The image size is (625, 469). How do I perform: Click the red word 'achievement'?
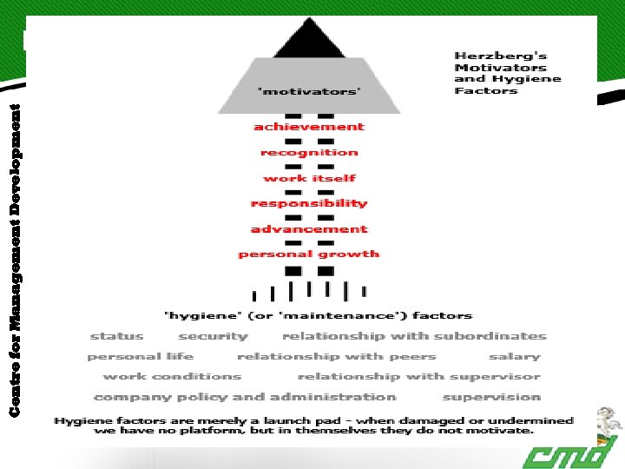(x=309, y=127)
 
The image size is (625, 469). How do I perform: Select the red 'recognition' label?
(x=309, y=153)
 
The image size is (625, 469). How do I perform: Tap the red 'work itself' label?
(x=309, y=178)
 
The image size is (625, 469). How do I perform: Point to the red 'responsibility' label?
(x=309, y=203)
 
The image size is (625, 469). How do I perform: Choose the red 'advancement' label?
(x=309, y=229)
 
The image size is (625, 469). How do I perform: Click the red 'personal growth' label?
(x=309, y=254)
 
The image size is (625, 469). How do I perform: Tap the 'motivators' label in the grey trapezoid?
(x=310, y=89)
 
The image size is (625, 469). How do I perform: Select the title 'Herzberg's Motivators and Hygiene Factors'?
(x=508, y=73)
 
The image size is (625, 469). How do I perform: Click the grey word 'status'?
(x=117, y=336)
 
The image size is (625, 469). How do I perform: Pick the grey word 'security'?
(x=214, y=336)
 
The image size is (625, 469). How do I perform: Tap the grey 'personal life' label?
(x=141, y=356)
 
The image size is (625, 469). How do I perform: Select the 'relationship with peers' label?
(x=337, y=356)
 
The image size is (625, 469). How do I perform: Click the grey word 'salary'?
(x=514, y=356)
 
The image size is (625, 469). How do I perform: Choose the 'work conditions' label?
(x=172, y=376)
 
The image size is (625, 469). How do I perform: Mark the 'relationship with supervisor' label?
(x=418, y=376)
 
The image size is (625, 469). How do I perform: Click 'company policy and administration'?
(x=245, y=397)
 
